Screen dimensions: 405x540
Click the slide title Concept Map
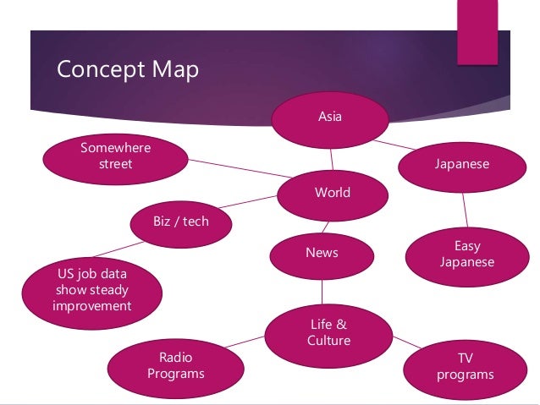pos(127,69)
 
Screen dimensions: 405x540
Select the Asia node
pos(329,117)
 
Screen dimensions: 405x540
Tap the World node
pos(332,193)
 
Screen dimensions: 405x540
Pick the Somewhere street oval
pos(115,156)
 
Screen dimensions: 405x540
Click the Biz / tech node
pos(179,222)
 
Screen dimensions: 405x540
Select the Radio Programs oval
pos(176,365)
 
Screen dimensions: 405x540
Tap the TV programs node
pos(465,366)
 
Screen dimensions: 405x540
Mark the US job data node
pos(91,289)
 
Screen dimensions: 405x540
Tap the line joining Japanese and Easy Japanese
pos(464,208)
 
